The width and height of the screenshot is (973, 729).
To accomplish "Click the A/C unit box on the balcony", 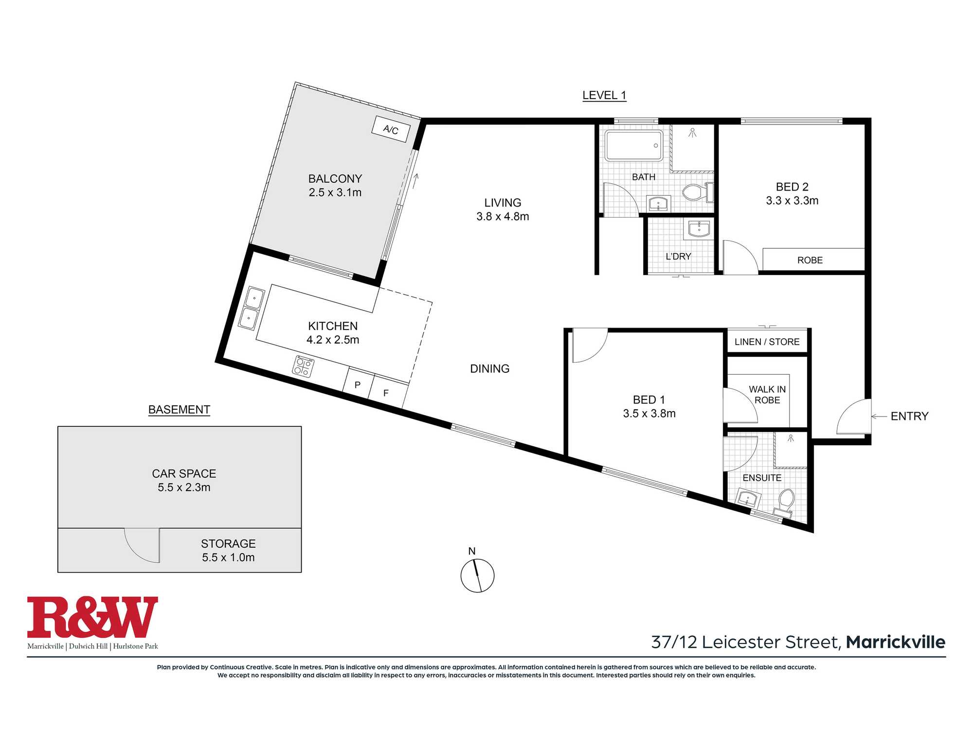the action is [391, 129].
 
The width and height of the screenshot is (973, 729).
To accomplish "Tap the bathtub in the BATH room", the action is [634, 145].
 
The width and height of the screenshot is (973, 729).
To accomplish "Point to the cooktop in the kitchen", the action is [303, 366].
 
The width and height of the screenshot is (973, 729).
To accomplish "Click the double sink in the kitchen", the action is [252, 308].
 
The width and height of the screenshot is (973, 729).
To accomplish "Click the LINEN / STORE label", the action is [767, 342].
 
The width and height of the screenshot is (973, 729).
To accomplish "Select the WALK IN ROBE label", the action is [767, 395].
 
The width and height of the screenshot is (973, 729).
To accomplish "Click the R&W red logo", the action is [92, 617].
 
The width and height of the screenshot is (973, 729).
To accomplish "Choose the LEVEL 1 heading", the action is [604, 96].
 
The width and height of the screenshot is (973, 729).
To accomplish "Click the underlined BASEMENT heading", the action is [179, 410].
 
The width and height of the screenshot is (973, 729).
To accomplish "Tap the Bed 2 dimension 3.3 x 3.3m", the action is [792, 200].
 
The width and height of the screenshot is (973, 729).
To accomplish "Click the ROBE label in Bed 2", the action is [810, 260].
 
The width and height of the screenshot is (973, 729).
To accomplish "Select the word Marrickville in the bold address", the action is [896, 642].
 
